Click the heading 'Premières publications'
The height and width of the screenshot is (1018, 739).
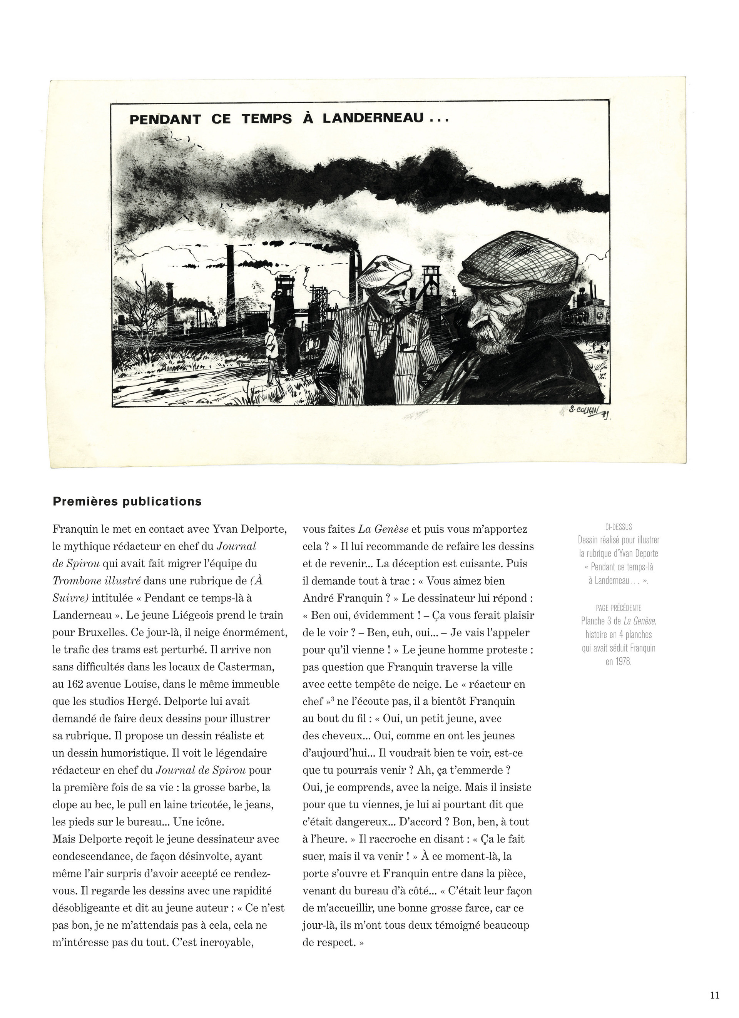tap(127, 501)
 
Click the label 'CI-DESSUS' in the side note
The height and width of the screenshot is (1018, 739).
tap(618, 527)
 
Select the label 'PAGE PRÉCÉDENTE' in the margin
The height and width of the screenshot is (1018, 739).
tap(618, 608)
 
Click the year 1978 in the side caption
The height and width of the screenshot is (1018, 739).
tap(618, 662)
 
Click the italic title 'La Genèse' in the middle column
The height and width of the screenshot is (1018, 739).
tap(383, 529)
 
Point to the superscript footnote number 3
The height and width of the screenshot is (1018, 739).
tap(332, 699)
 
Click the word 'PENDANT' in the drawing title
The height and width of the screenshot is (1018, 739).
tap(165, 119)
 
